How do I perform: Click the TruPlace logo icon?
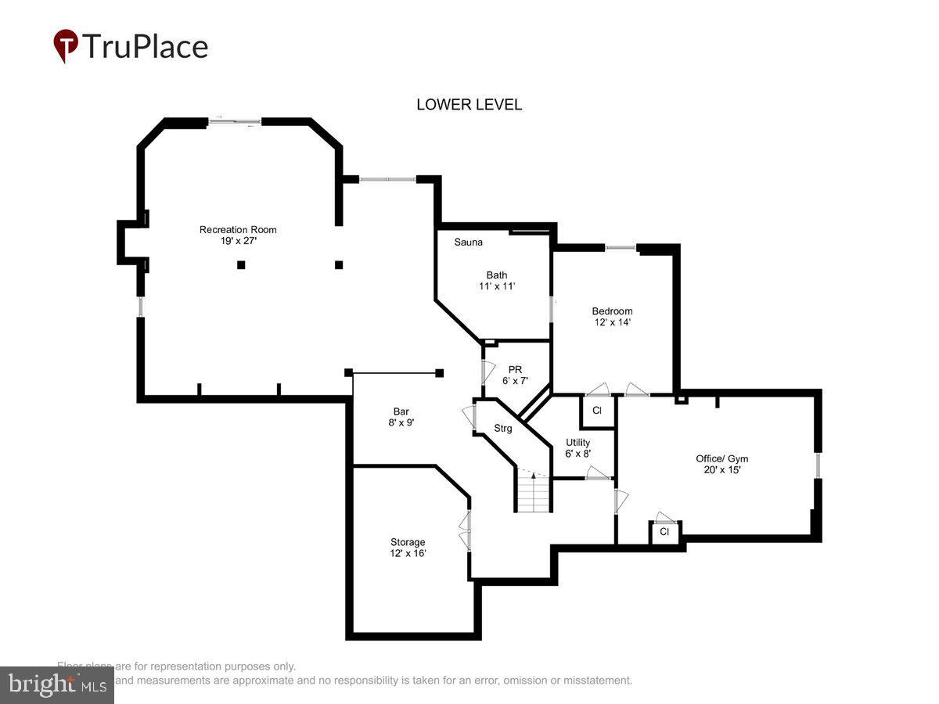(x=66, y=46)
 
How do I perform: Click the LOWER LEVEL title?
(x=469, y=105)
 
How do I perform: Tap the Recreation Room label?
(x=238, y=229)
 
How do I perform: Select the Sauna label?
(x=469, y=242)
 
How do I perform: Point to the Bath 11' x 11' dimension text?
(x=497, y=287)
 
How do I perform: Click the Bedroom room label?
(x=612, y=311)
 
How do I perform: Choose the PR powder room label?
(x=515, y=370)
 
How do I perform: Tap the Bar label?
(x=401, y=411)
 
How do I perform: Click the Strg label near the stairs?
(x=503, y=429)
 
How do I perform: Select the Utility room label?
(x=577, y=442)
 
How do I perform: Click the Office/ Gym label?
(x=721, y=458)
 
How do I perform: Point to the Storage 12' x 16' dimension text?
(x=408, y=553)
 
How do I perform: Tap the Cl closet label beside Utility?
(x=597, y=411)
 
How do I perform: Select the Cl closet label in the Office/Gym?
(x=664, y=532)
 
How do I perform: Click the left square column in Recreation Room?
(x=241, y=265)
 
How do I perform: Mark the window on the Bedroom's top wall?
(x=621, y=248)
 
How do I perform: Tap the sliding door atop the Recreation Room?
(x=235, y=121)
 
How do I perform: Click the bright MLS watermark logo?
(x=56, y=685)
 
